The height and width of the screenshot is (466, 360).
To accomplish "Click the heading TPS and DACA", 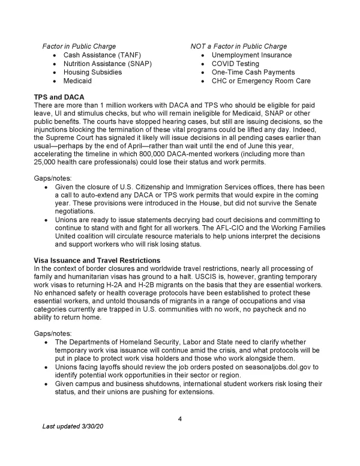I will [x=59, y=97].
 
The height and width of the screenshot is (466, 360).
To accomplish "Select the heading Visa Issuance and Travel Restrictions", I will [x=101, y=259].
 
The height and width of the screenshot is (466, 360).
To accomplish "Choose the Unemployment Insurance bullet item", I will [x=251, y=55].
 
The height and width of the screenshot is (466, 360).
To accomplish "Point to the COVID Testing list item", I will [x=235, y=64].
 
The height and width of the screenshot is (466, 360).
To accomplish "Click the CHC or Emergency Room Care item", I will [x=261, y=80].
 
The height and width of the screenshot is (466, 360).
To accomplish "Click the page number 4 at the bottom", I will [x=180, y=419].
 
